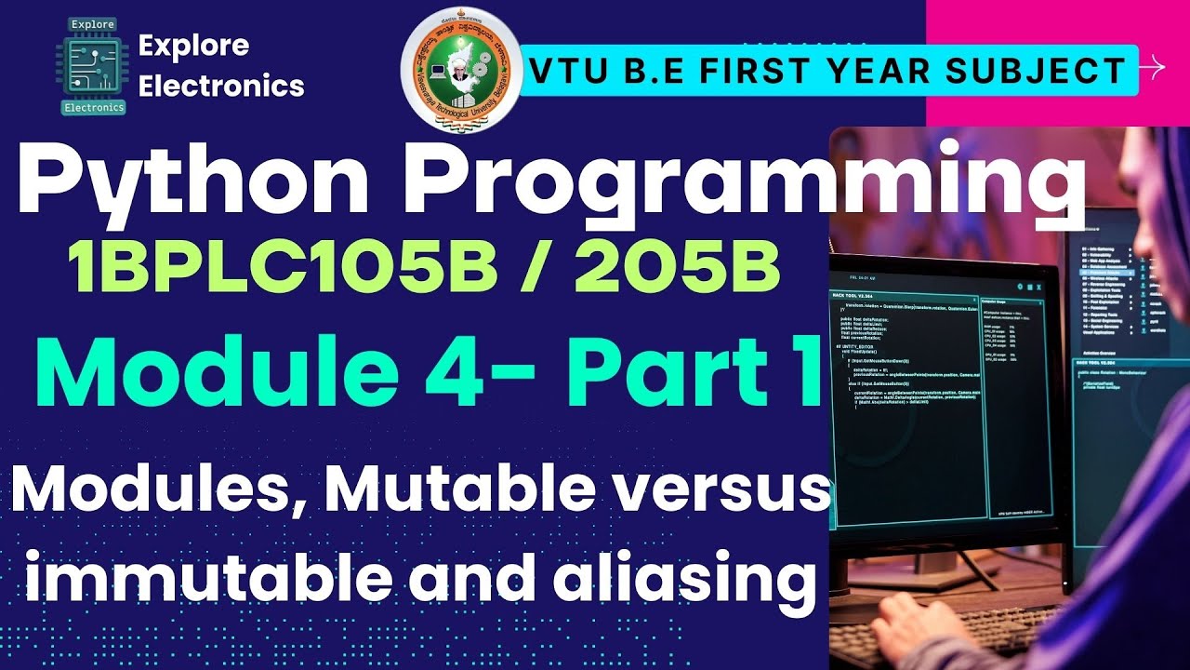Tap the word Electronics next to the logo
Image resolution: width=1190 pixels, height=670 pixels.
(221, 86)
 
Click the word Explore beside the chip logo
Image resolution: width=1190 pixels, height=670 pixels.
(193, 45)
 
